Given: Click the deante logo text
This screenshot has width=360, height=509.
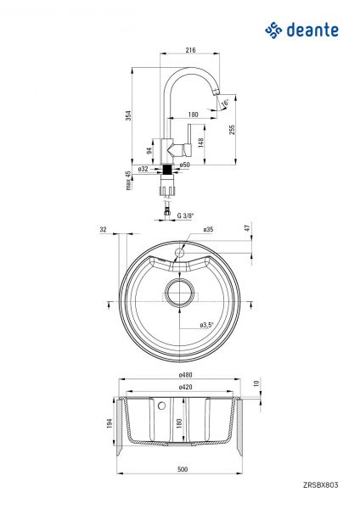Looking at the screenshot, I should pyautogui.click(x=313, y=31).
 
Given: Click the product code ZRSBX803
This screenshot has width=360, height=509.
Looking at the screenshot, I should pyautogui.click(x=320, y=485).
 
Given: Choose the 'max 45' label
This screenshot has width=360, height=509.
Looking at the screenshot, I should pyautogui.click(x=128, y=181).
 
